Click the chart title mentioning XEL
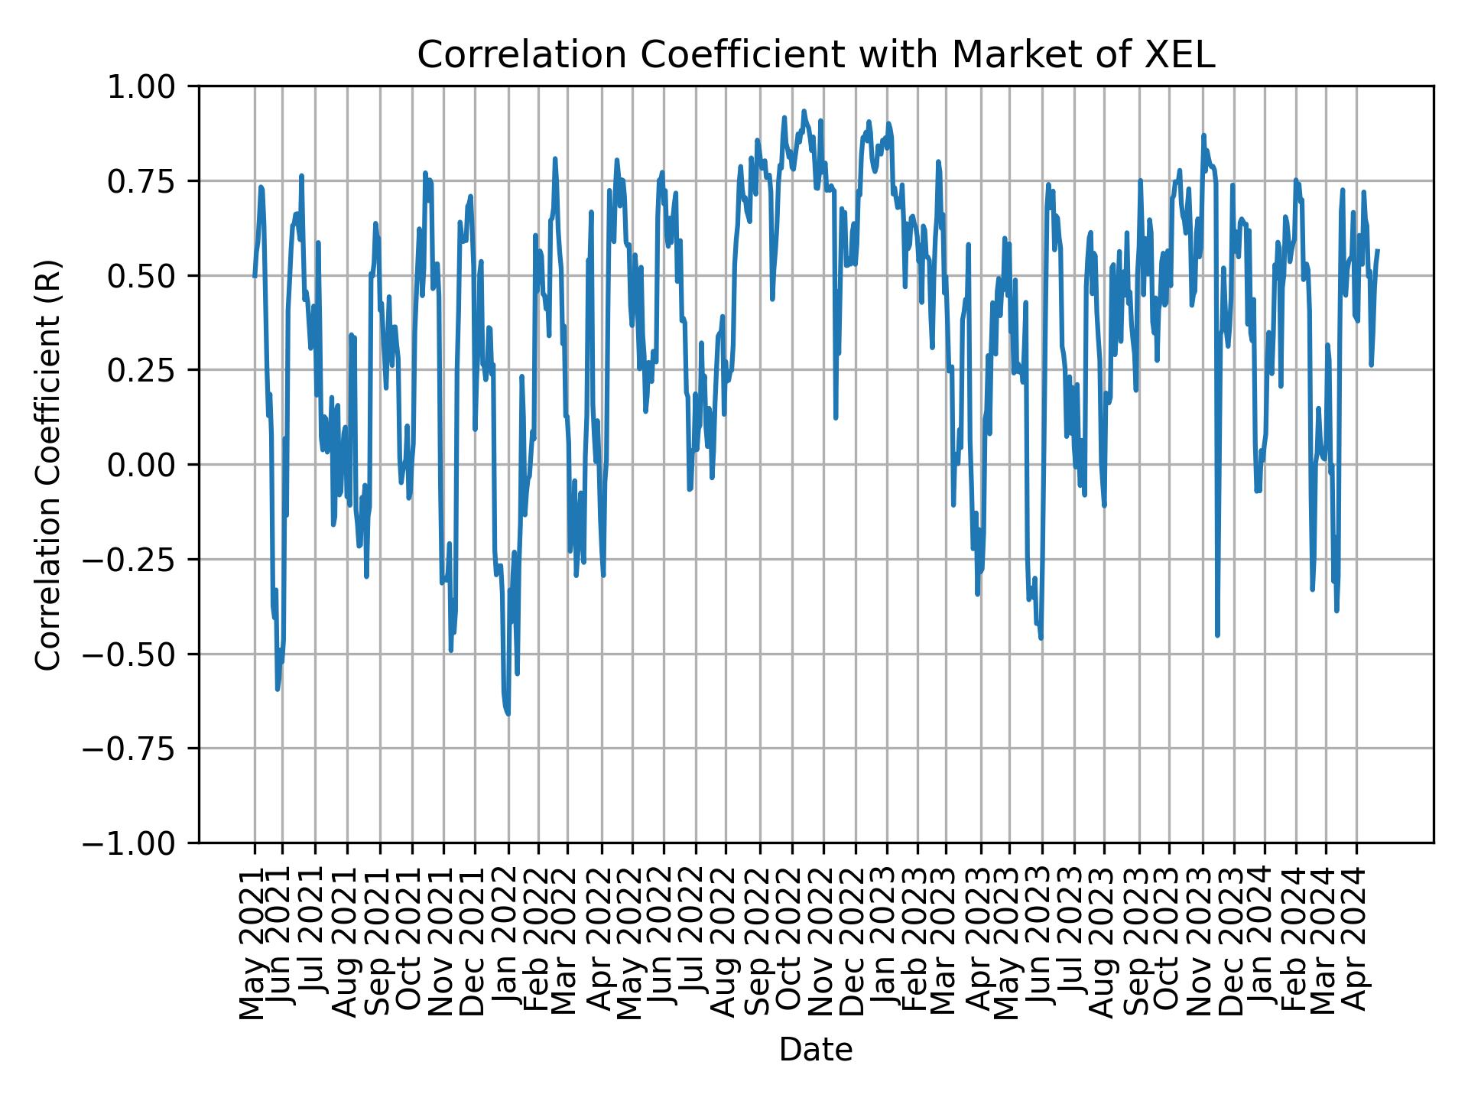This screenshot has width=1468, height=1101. point(815,55)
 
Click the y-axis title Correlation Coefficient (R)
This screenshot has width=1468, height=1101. point(48,464)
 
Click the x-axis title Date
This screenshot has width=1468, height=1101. point(815,1051)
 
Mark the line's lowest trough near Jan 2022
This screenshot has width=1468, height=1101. point(508,714)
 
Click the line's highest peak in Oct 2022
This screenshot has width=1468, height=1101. point(804,111)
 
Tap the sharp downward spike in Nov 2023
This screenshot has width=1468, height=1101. point(1217,635)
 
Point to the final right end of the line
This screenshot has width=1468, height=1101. point(1378,250)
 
